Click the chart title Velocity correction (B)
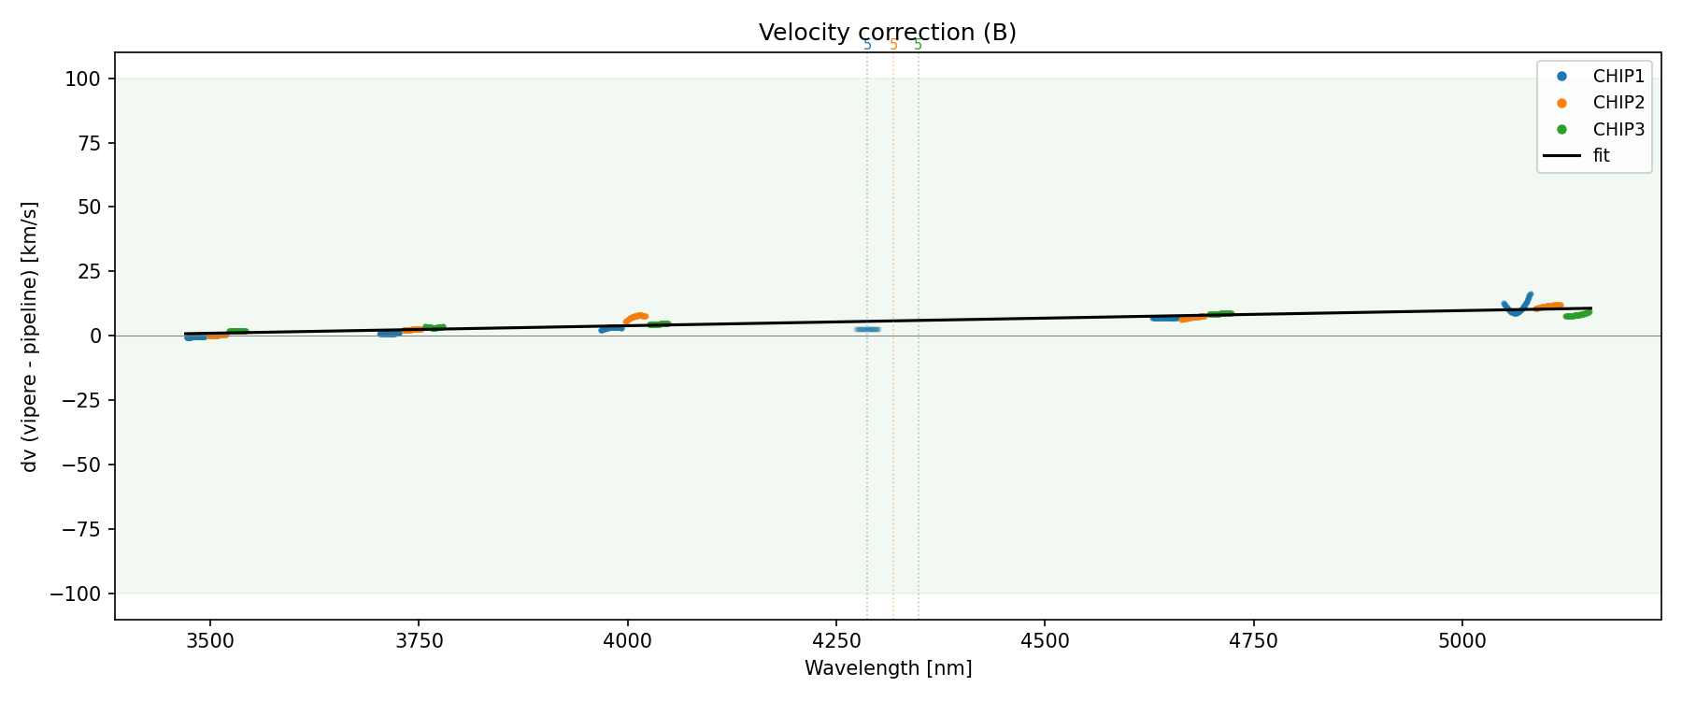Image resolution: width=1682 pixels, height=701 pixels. (887, 33)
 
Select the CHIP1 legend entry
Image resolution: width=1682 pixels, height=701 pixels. (1618, 77)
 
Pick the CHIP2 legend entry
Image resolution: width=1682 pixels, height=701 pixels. (1618, 103)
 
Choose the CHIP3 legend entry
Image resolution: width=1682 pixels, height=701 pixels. (1618, 129)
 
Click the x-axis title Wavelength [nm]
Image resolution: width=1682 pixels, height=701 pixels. (888, 668)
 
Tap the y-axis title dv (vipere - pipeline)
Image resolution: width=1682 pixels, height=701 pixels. (30, 336)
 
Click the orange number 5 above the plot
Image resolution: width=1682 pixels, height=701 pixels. (893, 45)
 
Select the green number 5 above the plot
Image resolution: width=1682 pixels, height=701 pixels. (918, 45)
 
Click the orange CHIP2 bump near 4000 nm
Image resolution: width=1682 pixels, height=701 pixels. (636, 317)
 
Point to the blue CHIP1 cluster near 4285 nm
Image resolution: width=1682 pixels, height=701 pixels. (867, 329)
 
